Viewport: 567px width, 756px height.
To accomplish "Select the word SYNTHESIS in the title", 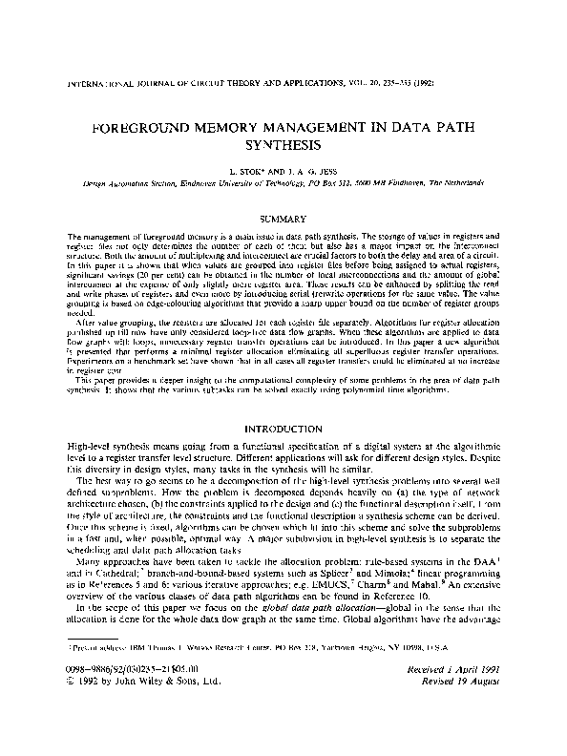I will click(283, 148).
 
